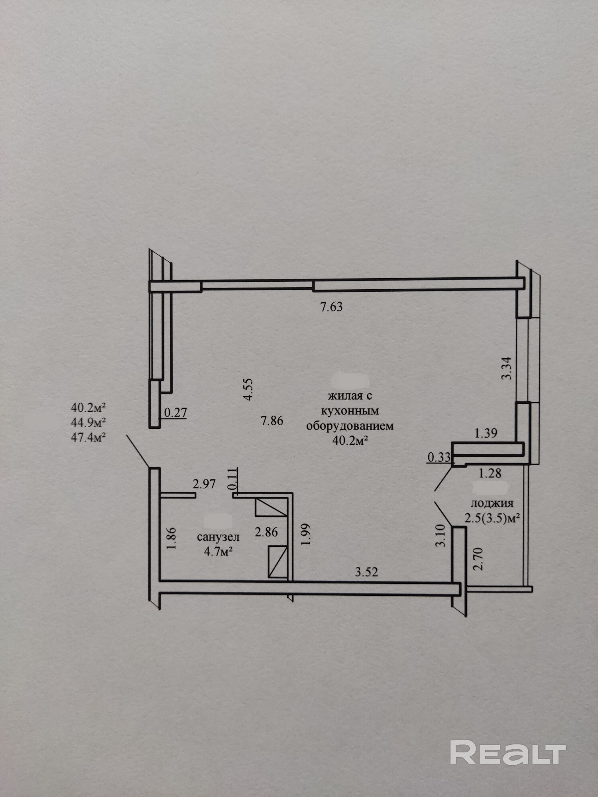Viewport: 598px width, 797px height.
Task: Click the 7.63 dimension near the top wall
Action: coord(331,307)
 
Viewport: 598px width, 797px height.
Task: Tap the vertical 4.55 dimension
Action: coord(248,389)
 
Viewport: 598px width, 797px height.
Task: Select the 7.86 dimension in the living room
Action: coord(272,420)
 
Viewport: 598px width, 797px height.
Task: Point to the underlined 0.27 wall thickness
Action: coord(175,412)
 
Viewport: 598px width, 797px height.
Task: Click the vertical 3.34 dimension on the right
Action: coord(506,368)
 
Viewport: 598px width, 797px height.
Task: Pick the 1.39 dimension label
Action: coord(486,433)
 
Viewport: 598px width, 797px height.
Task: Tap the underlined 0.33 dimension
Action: coord(439,457)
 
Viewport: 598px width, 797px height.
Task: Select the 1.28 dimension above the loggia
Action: coord(490,473)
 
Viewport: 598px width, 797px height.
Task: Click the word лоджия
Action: coord(492,503)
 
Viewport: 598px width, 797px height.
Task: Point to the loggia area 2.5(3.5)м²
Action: coord(493,518)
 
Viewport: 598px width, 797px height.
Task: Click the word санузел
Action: coord(218,537)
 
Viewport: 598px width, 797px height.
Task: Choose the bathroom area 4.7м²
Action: coord(218,552)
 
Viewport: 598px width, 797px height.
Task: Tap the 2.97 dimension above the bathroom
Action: coord(204,484)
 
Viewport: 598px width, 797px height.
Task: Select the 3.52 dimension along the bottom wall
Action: coord(366,572)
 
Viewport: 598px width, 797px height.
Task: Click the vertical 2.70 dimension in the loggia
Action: coord(479,559)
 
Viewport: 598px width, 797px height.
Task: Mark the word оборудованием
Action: coord(350,426)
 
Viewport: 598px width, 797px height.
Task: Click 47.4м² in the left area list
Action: coord(88,438)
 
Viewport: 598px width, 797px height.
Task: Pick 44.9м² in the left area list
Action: coord(88,422)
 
